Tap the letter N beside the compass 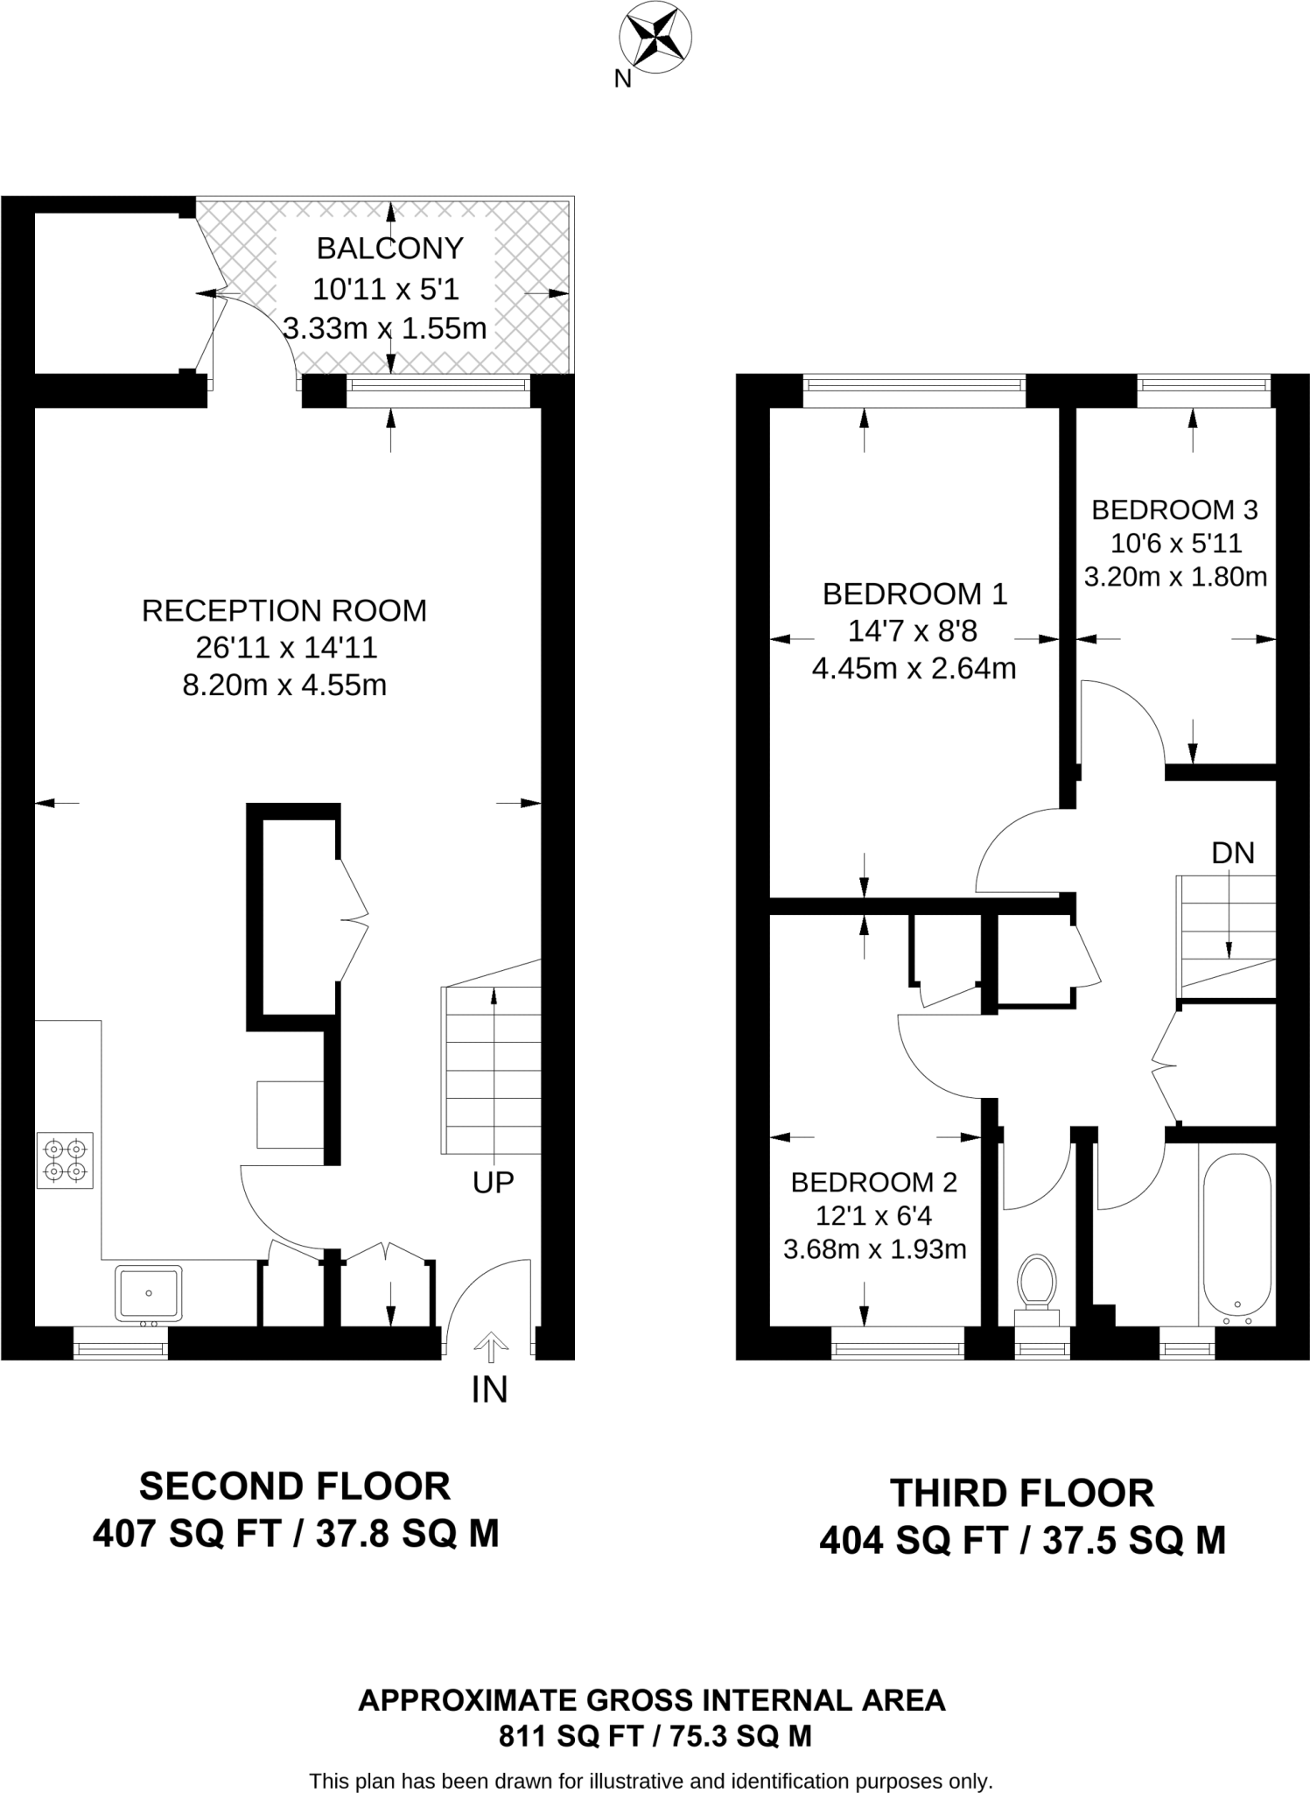pos(622,80)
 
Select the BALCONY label pos(389,249)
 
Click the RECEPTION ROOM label pos(284,610)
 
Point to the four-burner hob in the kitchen pos(65,1161)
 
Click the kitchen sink pos(148,1293)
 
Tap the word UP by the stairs pos(493,1183)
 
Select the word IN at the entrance pos(489,1389)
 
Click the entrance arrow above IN pos(490,1347)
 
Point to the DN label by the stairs pos(1233,853)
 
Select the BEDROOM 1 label pos(914,594)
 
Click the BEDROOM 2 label pos(873,1183)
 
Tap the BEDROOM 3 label pos(1174,509)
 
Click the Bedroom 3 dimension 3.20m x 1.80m pos(1175,577)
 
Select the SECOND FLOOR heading pos(295,1487)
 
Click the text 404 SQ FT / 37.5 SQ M pos(1022,1541)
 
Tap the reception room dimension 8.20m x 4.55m pos(284,685)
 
